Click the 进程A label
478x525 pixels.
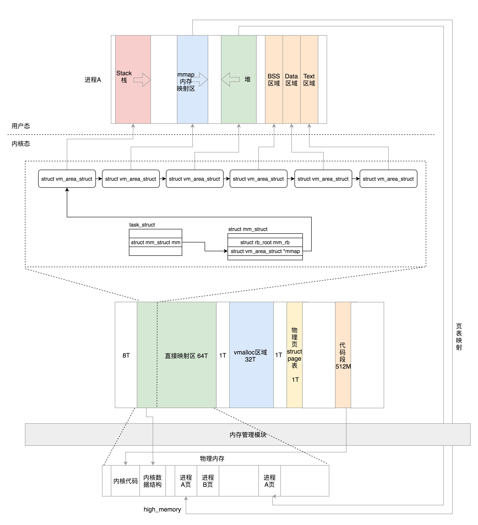pos(93,80)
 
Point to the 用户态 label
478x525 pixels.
pos(21,126)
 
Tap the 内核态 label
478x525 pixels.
pos(21,144)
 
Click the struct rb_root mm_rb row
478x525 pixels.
pos(265,242)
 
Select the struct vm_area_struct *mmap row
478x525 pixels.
pos(265,251)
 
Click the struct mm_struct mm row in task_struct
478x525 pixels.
pos(155,242)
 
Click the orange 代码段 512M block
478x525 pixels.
pos(343,356)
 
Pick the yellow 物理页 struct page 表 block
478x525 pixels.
pos(294,356)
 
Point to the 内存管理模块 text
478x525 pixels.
pos(248,435)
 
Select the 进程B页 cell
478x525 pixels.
pos(208,481)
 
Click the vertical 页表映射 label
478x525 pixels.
pos(459,337)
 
